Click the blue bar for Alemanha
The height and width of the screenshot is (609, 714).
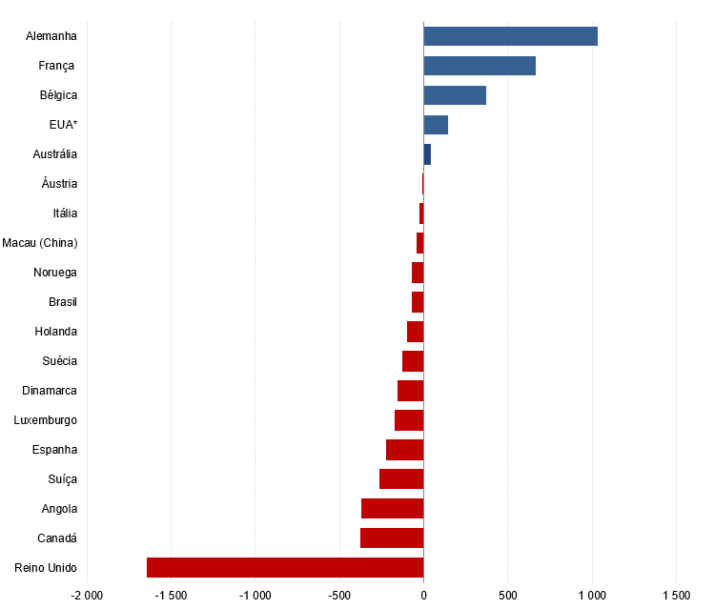point(510,36)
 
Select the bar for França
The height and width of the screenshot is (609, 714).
point(479,66)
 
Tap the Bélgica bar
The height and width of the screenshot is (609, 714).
point(455,95)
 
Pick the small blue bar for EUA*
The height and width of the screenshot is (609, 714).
point(436,125)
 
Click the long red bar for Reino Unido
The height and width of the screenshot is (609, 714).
point(285,568)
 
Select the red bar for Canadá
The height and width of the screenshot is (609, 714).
point(392,538)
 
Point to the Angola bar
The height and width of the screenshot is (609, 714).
point(392,509)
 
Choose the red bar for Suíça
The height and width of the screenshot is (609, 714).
point(401,479)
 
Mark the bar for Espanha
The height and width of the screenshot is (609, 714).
point(404,450)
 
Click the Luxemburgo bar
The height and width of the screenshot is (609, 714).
point(409,420)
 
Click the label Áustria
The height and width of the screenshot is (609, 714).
point(59,184)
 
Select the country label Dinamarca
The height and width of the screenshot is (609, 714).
point(50,391)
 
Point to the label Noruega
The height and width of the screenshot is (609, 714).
point(55,273)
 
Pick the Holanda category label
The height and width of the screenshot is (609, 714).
point(56,332)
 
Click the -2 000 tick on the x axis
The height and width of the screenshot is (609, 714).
point(87,596)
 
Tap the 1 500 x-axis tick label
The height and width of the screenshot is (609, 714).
point(676,596)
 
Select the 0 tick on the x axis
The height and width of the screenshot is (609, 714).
point(423,596)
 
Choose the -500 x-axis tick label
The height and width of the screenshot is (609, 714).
point(338,596)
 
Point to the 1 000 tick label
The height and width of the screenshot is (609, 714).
point(592,596)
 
